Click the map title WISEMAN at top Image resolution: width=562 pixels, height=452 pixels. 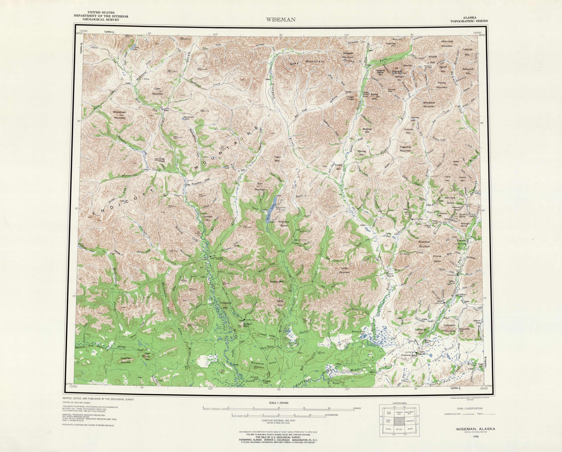281,20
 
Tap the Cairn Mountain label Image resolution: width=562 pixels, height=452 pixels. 158,91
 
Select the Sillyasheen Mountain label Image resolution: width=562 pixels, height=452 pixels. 119,115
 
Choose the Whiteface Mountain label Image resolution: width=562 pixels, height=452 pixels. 429,104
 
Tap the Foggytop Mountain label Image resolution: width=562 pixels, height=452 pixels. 405,149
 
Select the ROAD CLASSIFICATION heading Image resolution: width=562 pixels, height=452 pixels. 470,408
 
